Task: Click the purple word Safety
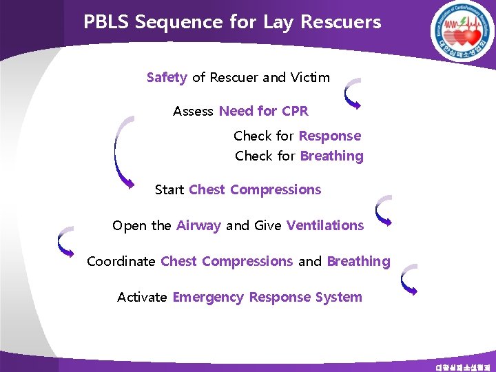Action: pyautogui.click(x=167, y=77)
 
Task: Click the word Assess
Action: pyautogui.click(x=194, y=111)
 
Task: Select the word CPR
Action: pyautogui.click(x=295, y=111)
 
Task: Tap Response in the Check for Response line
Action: pyautogui.click(x=330, y=136)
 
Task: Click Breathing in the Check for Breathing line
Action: pyautogui.click(x=332, y=156)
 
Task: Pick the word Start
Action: pyautogui.click(x=169, y=189)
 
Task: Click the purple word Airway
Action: pyautogui.click(x=199, y=225)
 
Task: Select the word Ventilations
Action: pyautogui.click(x=325, y=225)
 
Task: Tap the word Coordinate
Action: pyautogui.click(x=121, y=261)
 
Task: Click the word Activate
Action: pyautogui.click(x=142, y=298)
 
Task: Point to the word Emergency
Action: pyautogui.click(x=208, y=298)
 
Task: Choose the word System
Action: pyautogui.click(x=338, y=298)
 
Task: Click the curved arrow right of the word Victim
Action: pyautogui.click(x=353, y=94)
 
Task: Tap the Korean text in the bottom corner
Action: pyautogui.click(x=464, y=366)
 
